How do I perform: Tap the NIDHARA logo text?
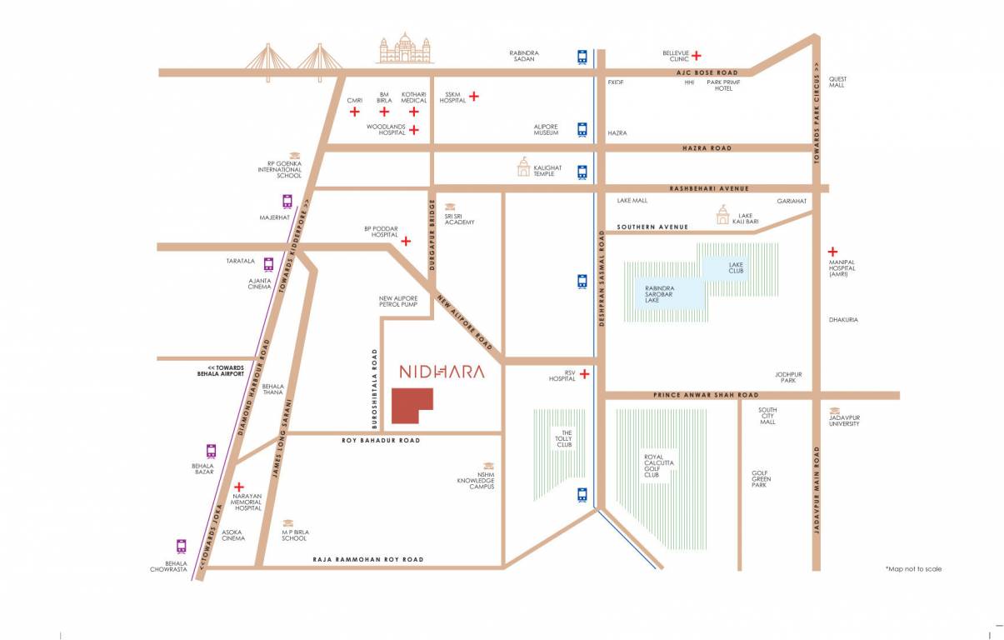pos(441,372)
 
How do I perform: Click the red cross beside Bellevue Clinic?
pos(696,56)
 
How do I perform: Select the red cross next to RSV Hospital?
pos(585,374)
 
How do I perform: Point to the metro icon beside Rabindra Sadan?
pos(582,57)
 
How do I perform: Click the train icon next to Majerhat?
pos(287,201)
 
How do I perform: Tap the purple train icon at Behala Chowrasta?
pos(181,547)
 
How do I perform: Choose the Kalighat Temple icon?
pos(523,167)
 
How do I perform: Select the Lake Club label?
pos(736,268)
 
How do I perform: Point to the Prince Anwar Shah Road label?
pos(706,395)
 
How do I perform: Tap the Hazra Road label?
pos(707,148)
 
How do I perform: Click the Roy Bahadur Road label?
pos(381,440)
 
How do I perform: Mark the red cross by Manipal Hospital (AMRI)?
pos(832,251)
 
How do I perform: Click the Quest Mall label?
pos(837,82)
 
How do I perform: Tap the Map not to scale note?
pos(913,568)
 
